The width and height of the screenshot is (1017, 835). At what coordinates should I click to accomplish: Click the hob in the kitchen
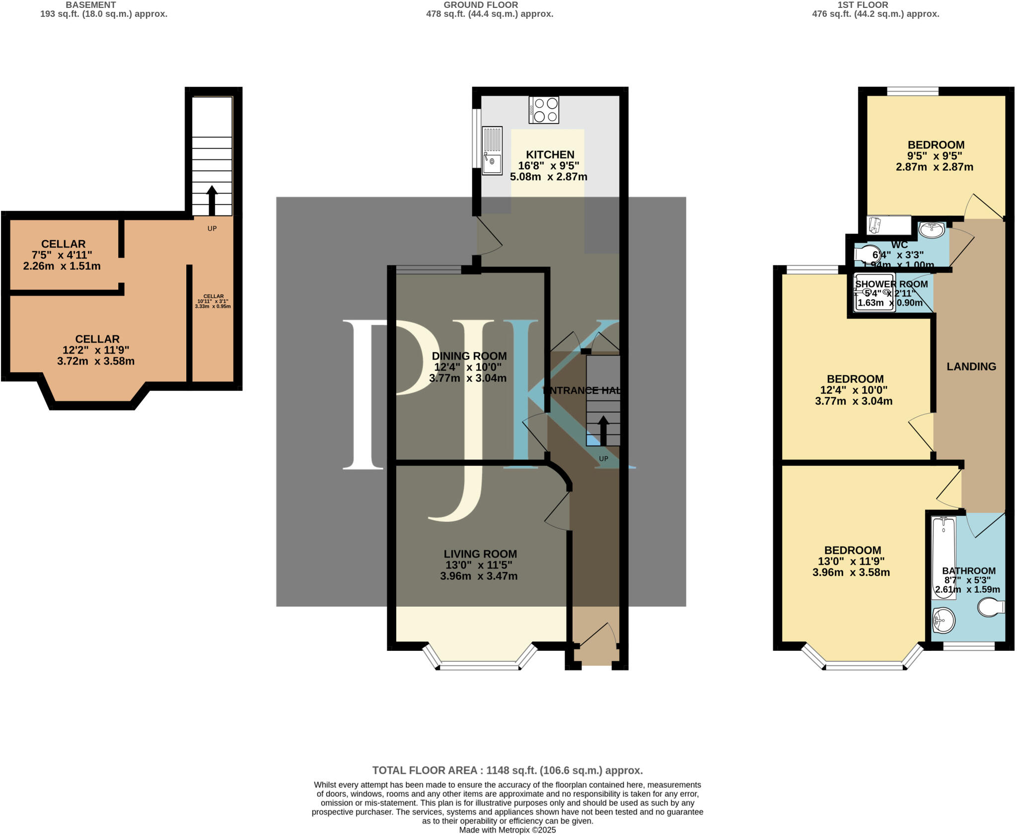click(544, 110)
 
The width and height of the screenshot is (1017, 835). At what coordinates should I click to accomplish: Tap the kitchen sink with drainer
click(492, 150)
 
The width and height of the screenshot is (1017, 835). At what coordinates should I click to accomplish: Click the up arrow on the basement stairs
click(212, 200)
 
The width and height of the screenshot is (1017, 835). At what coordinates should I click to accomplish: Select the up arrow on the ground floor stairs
click(603, 430)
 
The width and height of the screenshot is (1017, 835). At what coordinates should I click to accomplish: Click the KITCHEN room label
click(550, 155)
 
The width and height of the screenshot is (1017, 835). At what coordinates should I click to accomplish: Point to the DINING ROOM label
click(469, 356)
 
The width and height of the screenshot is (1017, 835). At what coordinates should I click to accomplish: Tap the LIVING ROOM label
click(480, 554)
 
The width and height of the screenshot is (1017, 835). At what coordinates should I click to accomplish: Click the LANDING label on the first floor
click(971, 367)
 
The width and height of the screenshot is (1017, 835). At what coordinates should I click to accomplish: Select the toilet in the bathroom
click(991, 607)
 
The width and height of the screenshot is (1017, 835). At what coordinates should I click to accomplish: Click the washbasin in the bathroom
click(943, 621)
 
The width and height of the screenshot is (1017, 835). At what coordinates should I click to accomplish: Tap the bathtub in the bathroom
click(944, 556)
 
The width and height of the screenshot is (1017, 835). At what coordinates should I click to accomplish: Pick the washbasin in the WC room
click(931, 229)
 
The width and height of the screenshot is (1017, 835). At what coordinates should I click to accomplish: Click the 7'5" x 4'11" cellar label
click(63, 255)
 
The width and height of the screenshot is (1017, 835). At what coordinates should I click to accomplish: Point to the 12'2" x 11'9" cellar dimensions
click(96, 350)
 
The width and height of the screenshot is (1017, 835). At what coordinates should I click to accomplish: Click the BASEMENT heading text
click(90, 5)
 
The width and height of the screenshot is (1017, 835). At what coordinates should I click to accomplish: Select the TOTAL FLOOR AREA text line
click(507, 770)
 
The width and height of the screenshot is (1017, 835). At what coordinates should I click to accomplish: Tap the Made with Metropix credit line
click(507, 830)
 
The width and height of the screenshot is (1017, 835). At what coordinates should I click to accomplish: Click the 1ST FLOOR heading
click(875, 5)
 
